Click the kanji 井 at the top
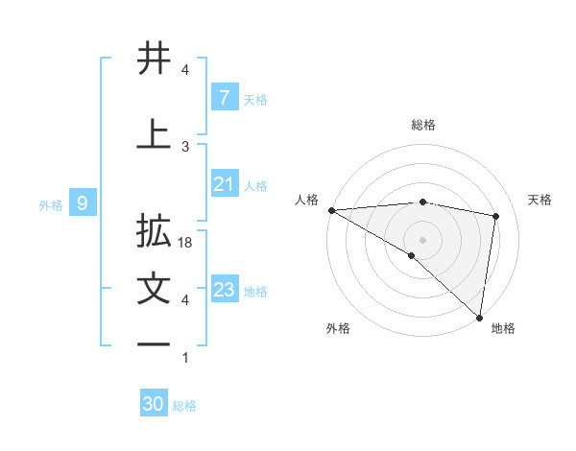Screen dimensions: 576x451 tap(155, 59)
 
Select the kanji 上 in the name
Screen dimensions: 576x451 tap(155, 135)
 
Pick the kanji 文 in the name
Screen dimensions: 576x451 tap(155, 290)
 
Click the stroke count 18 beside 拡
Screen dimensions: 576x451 tap(186, 244)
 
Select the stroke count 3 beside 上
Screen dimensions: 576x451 tap(185, 147)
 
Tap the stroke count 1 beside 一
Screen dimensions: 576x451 tap(185, 358)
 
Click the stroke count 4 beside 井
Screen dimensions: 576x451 tap(185, 70)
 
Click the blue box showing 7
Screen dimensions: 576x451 tap(224, 98)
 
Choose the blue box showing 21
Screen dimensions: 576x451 tap(224, 184)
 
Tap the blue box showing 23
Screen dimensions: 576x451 tap(224, 290)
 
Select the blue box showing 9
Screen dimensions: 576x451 tap(83, 202)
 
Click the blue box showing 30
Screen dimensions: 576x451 tap(154, 404)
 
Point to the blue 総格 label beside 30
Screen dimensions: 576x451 tap(184, 406)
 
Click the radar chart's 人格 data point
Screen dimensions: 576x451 tap(331, 210)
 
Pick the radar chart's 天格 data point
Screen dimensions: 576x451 tap(496, 216)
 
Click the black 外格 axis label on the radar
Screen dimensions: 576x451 tap(338, 328)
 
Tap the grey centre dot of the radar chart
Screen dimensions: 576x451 tap(422, 238)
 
